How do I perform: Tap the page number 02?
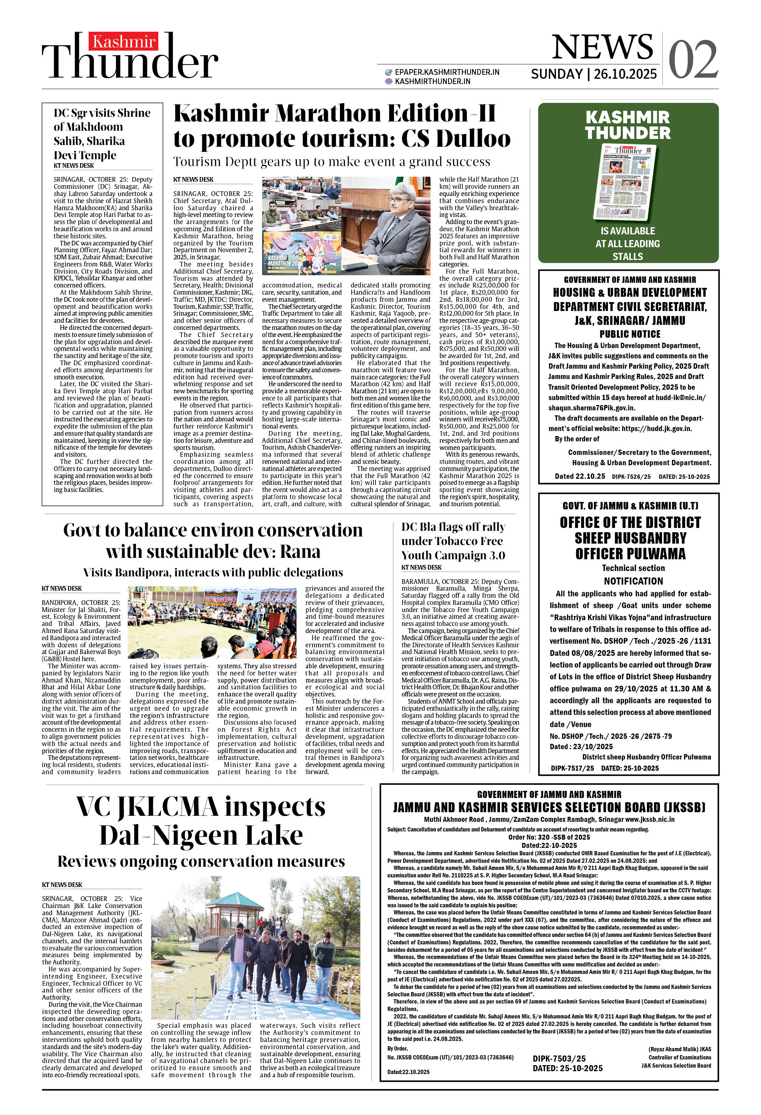[693, 60]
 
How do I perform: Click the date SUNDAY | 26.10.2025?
[594, 74]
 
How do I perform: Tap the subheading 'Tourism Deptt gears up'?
[331, 162]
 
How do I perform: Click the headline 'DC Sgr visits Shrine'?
[102, 113]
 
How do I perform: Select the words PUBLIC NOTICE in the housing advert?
[630, 334]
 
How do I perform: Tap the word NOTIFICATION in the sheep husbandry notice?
[633, 581]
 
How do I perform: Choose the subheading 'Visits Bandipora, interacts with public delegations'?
[213, 572]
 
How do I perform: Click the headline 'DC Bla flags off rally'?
[453, 527]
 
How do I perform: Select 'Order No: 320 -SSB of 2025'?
[549, 837]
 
